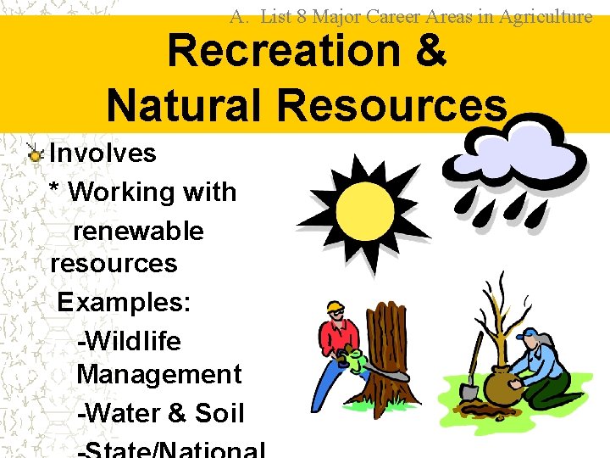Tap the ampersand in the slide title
(x=430, y=51)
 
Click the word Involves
(x=103, y=154)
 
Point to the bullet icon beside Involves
(x=35, y=154)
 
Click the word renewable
(x=139, y=231)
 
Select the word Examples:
(x=124, y=303)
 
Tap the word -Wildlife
(x=129, y=341)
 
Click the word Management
(x=159, y=374)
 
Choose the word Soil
(x=219, y=413)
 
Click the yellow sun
(x=362, y=209)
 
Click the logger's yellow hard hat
(x=335, y=306)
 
